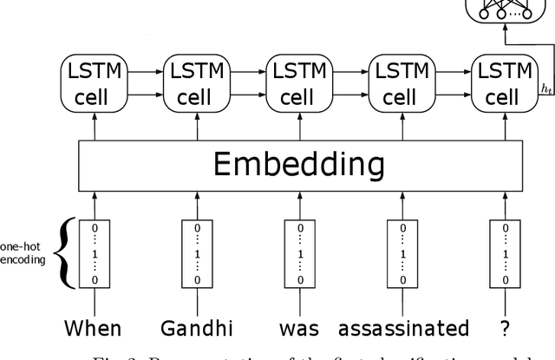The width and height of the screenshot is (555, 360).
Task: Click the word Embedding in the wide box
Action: click(299, 164)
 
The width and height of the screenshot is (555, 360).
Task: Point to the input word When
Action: click(93, 329)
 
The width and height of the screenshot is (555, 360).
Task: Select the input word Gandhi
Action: click(196, 329)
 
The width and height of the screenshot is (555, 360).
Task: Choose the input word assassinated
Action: click(403, 329)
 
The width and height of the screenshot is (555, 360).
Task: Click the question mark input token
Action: click(505, 329)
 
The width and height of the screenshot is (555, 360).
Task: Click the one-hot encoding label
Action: click(22, 252)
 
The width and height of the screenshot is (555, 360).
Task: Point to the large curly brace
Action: click(62, 252)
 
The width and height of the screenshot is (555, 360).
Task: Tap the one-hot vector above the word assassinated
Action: click(402, 252)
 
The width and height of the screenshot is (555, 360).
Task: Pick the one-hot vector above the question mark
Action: click(505, 252)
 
